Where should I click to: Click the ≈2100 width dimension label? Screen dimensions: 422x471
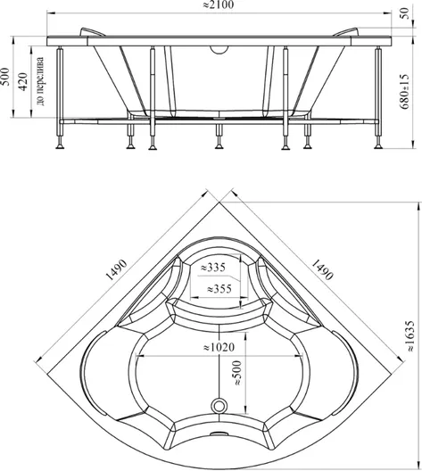point(219,4)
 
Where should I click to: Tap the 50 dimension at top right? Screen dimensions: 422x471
point(405,13)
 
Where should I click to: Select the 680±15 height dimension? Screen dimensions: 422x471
point(405,91)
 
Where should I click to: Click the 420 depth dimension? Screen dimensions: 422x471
point(23,81)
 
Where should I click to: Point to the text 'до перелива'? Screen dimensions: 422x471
point(40,81)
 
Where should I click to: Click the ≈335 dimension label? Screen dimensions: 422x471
point(213,267)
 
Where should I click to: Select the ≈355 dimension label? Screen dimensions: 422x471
point(219,289)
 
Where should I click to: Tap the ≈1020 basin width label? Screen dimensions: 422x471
point(219,347)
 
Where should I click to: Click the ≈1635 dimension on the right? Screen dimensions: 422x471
point(410,336)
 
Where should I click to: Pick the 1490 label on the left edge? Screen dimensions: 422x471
point(117,270)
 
